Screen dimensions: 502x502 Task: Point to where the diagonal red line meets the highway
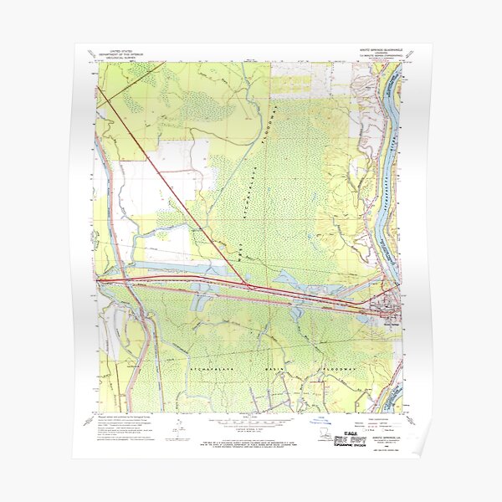(252, 286)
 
